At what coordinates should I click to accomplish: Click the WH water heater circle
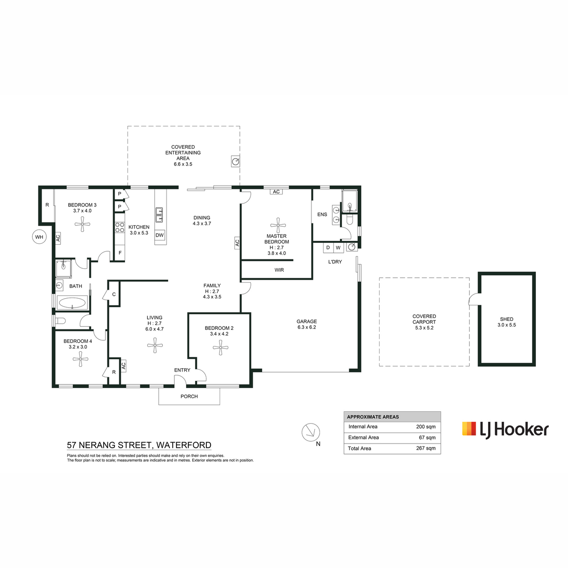[39, 237]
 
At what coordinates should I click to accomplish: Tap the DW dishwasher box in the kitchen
[160, 235]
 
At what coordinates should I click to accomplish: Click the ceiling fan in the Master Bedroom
[278, 225]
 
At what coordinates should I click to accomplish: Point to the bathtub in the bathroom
[72, 302]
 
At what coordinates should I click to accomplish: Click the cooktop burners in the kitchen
[120, 227]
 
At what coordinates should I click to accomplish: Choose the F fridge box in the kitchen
[120, 253]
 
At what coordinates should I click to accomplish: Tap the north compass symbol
[311, 433]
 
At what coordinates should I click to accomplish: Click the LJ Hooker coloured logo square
[469, 428]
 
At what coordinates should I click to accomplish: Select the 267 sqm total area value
[426, 448]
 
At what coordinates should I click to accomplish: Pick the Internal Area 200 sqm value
[426, 426]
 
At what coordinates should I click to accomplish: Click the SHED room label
[506, 319]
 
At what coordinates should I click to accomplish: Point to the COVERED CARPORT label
[424, 319]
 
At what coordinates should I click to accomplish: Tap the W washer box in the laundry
[338, 248]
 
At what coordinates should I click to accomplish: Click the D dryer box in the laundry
[328, 248]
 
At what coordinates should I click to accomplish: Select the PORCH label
[189, 397]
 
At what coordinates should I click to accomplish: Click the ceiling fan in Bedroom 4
[80, 359]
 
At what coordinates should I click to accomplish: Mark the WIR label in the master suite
[279, 270]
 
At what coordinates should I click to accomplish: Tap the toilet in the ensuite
[349, 219]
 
